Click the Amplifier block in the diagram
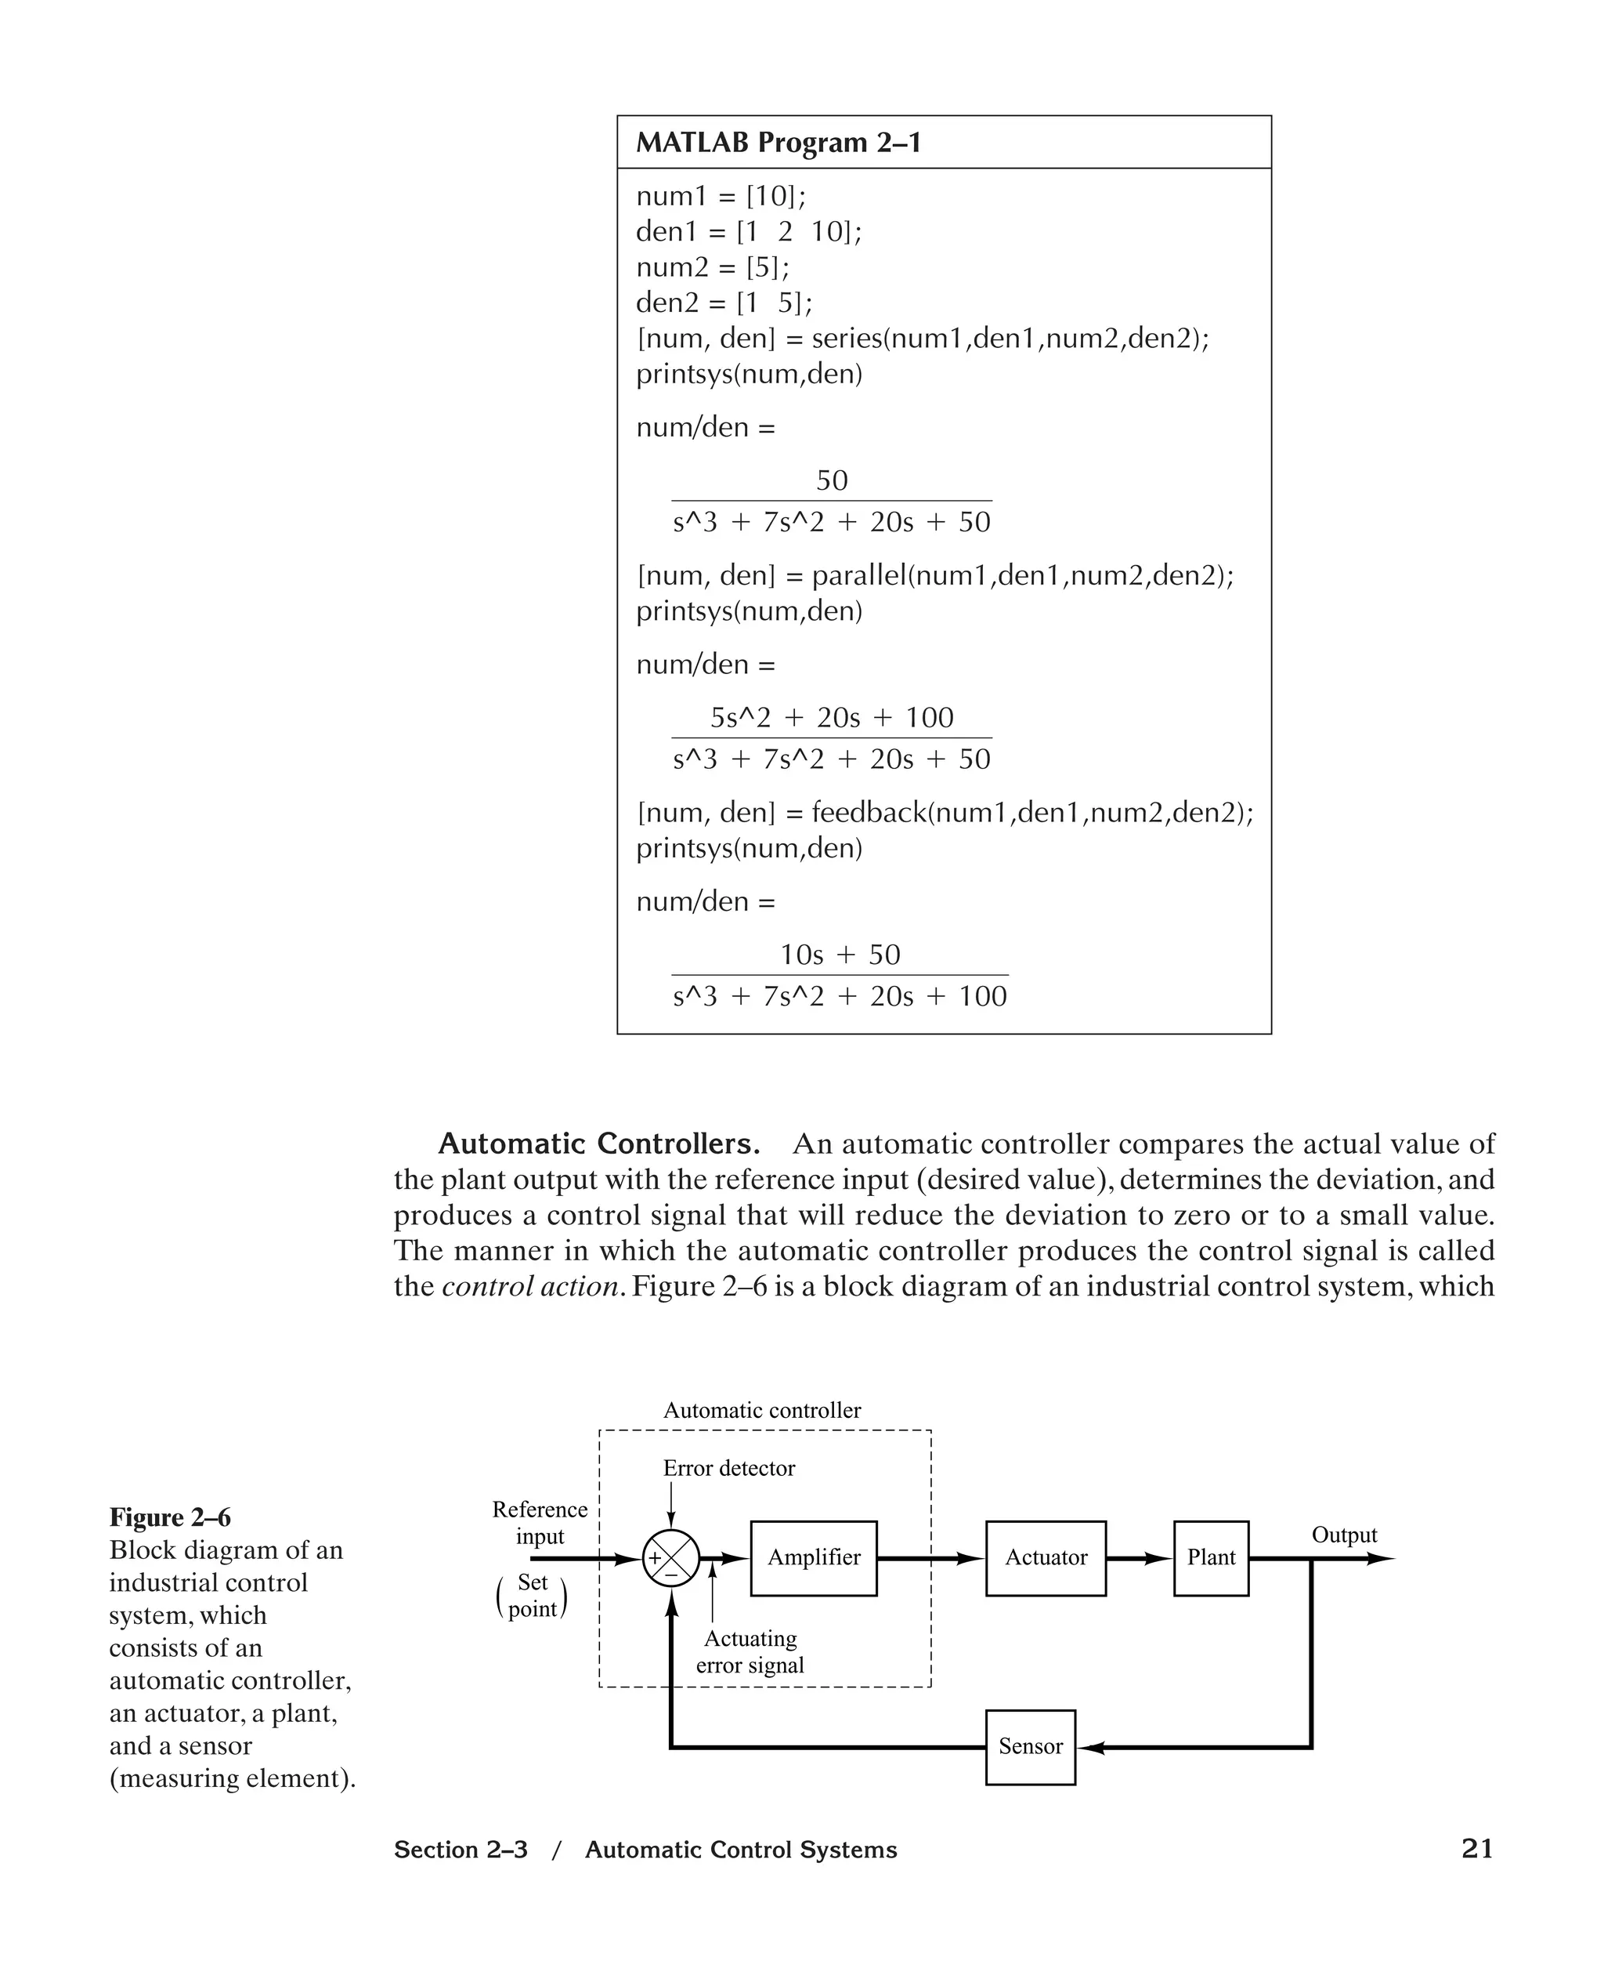coord(813,1557)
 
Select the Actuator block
coord(1045,1557)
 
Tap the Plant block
coord(1210,1557)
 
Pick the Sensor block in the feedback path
coord(1030,1746)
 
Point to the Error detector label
coord(728,1468)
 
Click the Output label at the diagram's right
coord(1343,1535)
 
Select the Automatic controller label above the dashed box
coord(761,1410)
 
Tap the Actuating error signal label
coord(750,1651)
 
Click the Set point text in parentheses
coord(533,1596)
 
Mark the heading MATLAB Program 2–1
coord(778,143)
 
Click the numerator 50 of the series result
coord(832,480)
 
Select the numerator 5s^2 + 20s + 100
coord(832,717)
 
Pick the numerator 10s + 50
coord(839,954)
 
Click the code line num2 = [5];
coord(713,267)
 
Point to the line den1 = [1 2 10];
coord(749,231)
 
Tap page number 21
coord(1476,1848)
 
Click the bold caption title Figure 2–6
coord(170,1517)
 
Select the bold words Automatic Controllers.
coord(598,1143)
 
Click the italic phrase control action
coord(529,1286)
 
